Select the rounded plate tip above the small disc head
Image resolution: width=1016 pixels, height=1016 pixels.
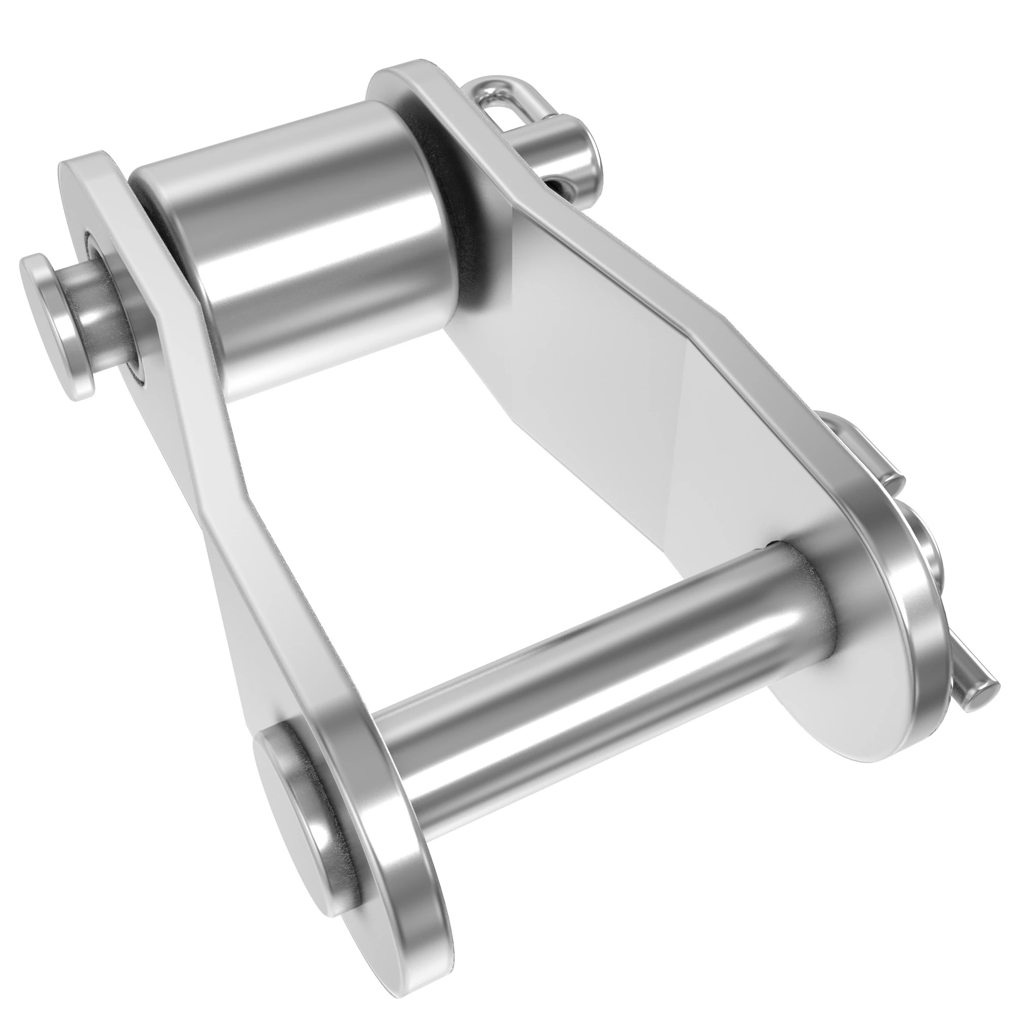[89, 168]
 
